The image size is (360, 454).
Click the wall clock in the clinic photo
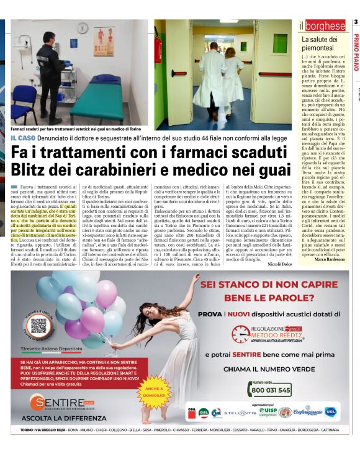83,28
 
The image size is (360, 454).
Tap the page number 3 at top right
356,22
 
